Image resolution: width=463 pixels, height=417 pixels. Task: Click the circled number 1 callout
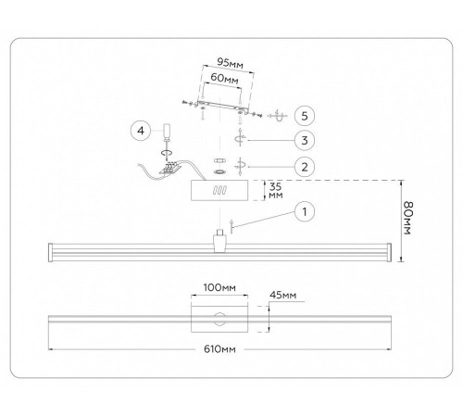[305, 212]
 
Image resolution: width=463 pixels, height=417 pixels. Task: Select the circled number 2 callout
[305, 167]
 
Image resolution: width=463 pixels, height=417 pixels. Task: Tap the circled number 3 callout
[305, 140]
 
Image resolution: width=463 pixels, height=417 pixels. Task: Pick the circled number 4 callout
[141, 131]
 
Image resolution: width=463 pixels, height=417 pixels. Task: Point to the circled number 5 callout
[305, 116]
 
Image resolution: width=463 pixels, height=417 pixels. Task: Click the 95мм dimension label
[231, 63]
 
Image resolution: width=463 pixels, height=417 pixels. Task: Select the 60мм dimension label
[225, 78]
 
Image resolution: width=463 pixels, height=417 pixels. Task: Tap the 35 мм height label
[276, 191]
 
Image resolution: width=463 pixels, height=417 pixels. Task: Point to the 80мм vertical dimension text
[408, 218]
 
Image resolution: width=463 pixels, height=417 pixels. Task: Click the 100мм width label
[219, 287]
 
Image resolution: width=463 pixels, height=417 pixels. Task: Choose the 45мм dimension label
[282, 295]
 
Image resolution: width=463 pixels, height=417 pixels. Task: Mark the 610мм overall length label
[219, 349]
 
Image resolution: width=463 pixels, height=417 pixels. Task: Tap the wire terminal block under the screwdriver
[169, 168]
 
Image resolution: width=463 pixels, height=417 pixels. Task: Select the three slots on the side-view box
[219, 190]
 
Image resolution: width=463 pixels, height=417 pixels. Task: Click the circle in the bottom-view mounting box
[219, 320]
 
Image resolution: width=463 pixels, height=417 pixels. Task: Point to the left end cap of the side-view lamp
[51, 253]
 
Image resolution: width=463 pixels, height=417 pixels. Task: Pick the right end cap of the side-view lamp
[389, 253]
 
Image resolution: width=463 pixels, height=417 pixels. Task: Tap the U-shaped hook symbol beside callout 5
[280, 117]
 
